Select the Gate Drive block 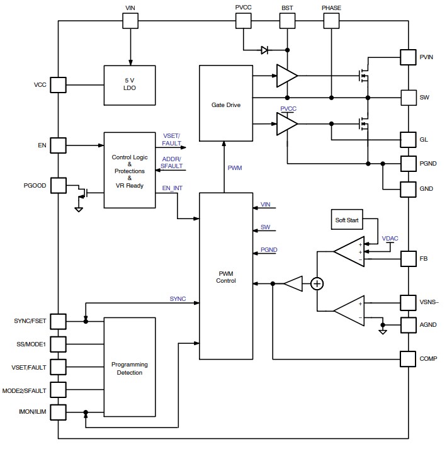pos(225,103)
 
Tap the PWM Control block pos(225,276)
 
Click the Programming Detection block pos(129,368)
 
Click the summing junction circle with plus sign pos(318,284)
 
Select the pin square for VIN pos(130,21)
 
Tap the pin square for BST pos(288,21)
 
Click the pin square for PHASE pos(331,21)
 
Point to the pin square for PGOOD pos(58,185)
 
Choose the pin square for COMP pos(409,359)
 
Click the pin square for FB pos(409,258)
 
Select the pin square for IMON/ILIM pos(58,412)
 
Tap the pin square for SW pos(409,98)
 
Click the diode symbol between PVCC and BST pos(265,50)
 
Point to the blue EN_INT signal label pos(172,188)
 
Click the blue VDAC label pos(390,238)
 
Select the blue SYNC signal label pos(178,298)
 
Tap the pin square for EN pos(58,145)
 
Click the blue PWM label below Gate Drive pos(234,168)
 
